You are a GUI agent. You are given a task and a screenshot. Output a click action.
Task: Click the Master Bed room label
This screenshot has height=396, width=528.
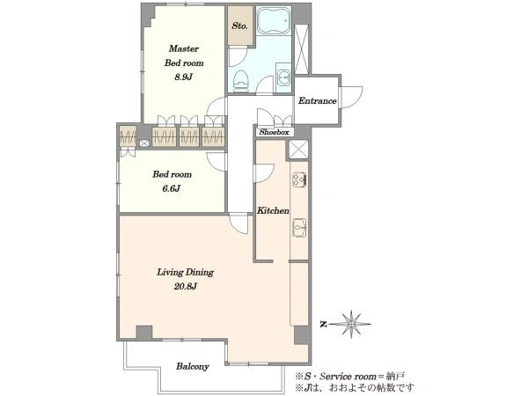[184, 55]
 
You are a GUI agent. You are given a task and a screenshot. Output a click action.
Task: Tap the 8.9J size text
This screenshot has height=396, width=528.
[183, 77]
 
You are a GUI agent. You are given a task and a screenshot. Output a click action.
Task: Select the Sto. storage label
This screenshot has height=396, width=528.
[240, 26]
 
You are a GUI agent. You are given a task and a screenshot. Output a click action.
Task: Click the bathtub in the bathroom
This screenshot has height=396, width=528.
[274, 20]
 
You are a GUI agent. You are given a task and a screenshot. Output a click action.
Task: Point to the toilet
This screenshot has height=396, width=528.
[241, 81]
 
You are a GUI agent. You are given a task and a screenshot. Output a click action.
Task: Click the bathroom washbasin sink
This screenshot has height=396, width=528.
[284, 78]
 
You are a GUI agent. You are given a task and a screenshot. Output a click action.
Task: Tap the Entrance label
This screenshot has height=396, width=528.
[317, 100]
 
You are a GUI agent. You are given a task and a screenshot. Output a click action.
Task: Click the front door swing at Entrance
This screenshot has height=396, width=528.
[351, 98]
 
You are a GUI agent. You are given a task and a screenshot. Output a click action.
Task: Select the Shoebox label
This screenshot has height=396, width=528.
[274, 132]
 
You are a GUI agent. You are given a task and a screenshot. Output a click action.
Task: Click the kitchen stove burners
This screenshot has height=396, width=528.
[299, 180]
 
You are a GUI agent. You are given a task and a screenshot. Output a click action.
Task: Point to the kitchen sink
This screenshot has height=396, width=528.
[299, 228]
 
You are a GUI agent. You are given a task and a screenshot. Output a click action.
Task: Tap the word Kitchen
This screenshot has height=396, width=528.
[273, 211]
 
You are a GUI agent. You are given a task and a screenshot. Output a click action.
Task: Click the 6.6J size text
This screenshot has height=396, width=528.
[172, 188]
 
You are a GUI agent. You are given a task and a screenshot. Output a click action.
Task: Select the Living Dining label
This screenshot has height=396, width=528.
[185, 272]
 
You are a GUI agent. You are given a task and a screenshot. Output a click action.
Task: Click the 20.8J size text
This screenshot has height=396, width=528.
[185, 287]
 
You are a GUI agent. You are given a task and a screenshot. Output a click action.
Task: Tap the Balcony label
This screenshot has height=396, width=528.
[193, 366]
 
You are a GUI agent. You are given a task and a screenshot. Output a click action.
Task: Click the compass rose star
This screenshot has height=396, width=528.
[351, 324]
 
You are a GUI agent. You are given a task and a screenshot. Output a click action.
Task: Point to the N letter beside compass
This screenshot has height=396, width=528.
[324, 324]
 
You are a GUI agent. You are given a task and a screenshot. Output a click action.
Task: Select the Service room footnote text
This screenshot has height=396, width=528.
[350, 376]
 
